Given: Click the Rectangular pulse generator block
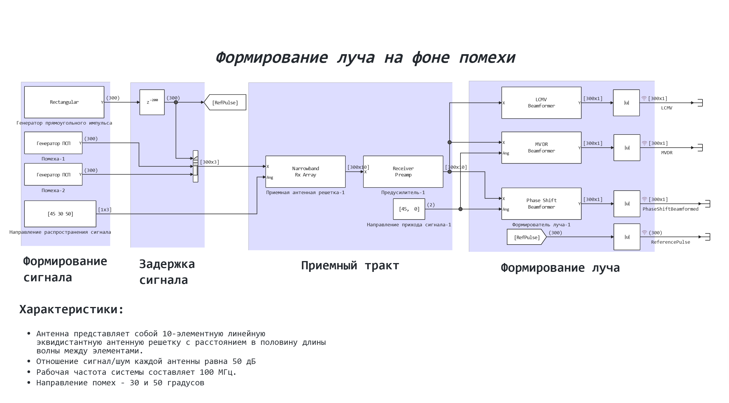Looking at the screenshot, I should click(x=64, y=102).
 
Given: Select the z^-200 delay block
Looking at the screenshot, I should click(x=152, y=102).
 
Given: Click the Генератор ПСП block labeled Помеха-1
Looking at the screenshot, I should click(x=53, y=143).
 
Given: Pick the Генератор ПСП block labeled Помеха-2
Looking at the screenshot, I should click(x=53, y=174).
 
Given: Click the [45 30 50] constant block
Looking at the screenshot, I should click(x=60, y=214).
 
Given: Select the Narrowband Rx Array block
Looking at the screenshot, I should click(x=305, y=172).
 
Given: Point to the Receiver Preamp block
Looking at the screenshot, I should click(x=403, y=172).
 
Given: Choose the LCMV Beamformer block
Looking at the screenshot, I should click(x=541, y=103).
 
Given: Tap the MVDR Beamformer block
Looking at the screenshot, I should click(x=541, y=148).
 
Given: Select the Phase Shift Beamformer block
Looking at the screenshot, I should click(x=541, y=203).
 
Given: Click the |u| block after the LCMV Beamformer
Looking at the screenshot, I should click(x=626, y=103).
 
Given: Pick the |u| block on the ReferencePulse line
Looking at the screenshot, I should click(x=627, y=237).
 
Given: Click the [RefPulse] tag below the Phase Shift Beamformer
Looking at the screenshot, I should click(x=527, y=237).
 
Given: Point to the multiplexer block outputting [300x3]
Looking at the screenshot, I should click(x=195, y=166).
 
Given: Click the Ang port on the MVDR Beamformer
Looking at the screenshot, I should click(x=506, y=153).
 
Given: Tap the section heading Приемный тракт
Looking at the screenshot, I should click(x=350, y=266).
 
